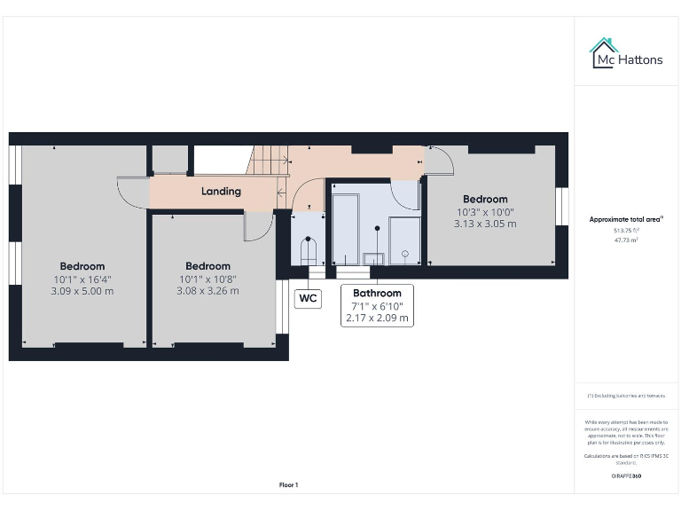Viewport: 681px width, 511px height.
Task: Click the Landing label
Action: pyautogui.click(x=221, y=191)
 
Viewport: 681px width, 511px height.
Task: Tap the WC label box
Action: pyautogui.click(x=308, y=298)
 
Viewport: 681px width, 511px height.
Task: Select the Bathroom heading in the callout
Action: pyautogui.click(x=377, y=293)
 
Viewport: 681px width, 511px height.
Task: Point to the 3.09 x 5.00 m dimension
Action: pyautogui.click(x=82, y=291)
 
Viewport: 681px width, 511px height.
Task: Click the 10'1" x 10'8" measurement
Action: pyautogui.click(x=207, y=279)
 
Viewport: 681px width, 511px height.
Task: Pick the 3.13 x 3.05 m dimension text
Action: pyautogui.click(x=485, y=224)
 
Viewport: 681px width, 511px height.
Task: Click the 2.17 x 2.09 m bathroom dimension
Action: pyautogui.click(x=378, y=318)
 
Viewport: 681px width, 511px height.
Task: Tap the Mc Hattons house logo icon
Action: pyautogui.click(x=605, y=52)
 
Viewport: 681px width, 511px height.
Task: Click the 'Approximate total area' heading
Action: pyautogui.click(x=625, y=219)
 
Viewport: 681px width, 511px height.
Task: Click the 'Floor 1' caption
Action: pyautogui.click(x=289, y=484)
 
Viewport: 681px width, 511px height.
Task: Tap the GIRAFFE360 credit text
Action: pyautogui.click(x=626, y=476)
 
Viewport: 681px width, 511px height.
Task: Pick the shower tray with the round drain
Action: pyautogui.click(x=404, y=240)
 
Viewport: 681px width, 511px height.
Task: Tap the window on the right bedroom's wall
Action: pyautogui.click(x=560, y=206)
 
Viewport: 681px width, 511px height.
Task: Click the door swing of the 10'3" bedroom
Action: pyautogui.click(x=439, y=161)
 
